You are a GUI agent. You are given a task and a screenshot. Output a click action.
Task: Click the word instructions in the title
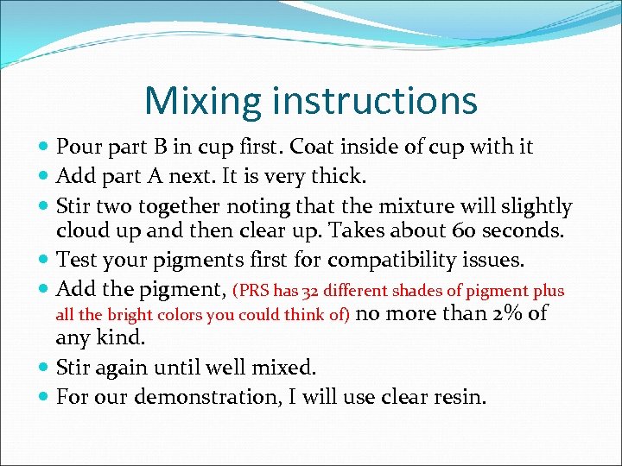pos(374,100)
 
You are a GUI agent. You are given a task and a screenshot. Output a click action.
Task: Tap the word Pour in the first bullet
pos(78,147)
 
